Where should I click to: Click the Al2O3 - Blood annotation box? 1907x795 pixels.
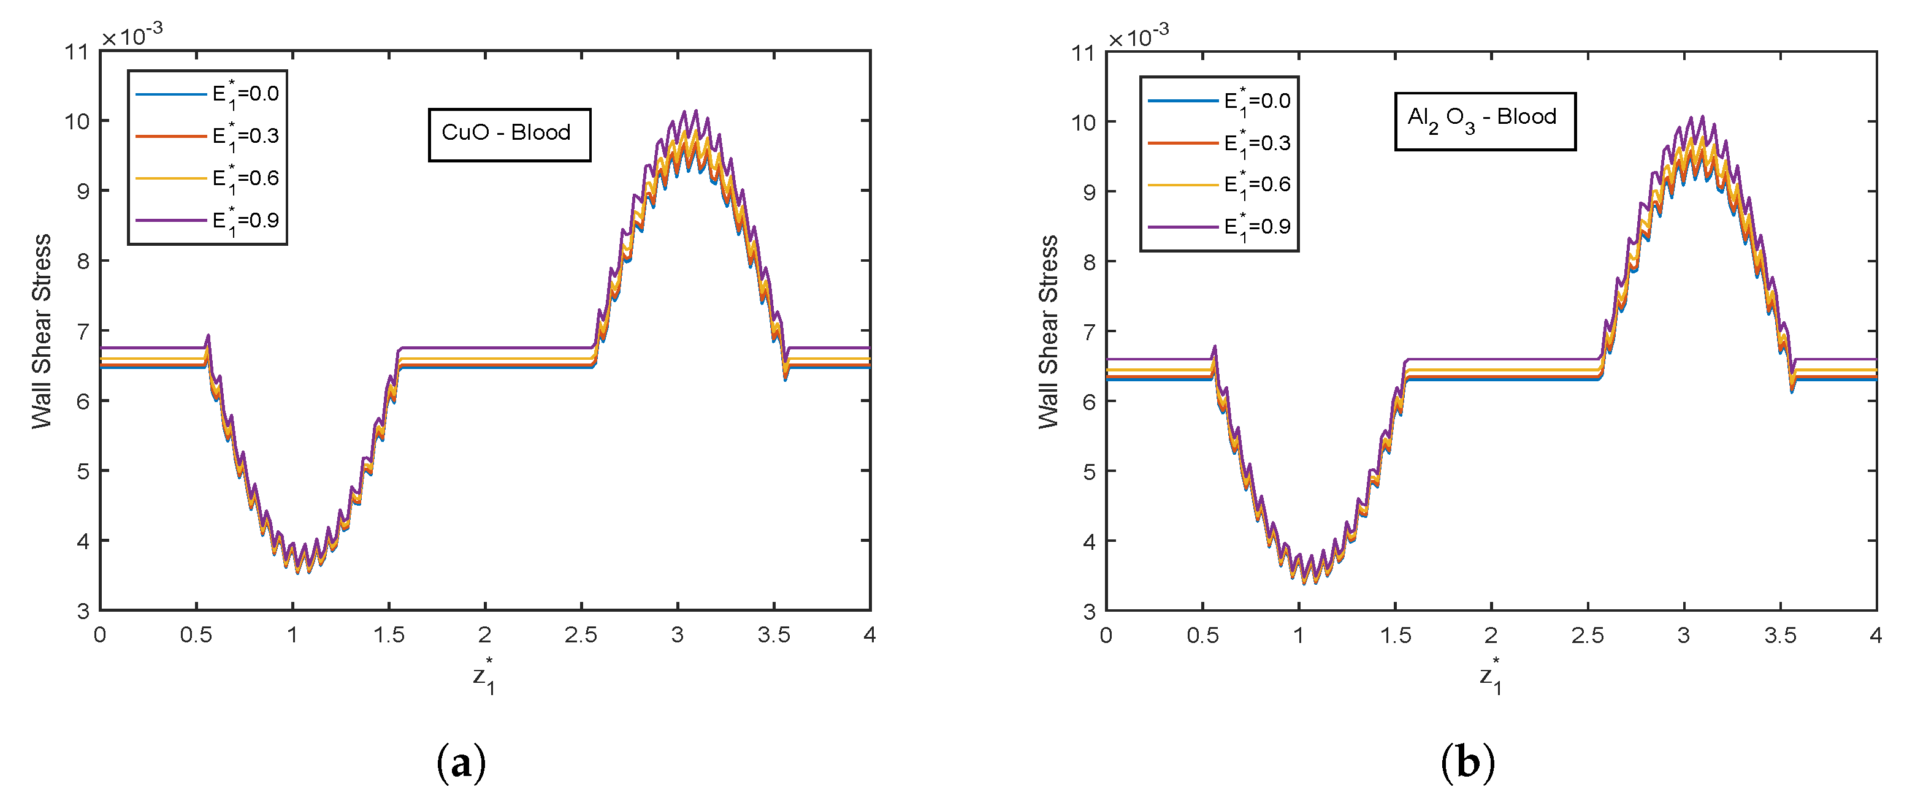(1485, 121)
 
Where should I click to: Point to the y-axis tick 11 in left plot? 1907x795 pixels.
(76, 52)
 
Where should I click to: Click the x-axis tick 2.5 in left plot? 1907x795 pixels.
(581, 635)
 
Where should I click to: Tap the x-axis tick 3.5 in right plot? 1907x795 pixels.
(1779, 635)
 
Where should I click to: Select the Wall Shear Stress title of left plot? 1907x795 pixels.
(42, 331)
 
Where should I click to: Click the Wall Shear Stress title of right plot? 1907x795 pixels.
(1049, 331)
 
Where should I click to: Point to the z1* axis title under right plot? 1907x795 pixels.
(1491, 675)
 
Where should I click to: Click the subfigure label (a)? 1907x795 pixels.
(461, 763)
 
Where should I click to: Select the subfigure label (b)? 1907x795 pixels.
(1468, 763)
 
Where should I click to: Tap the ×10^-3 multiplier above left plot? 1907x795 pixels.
(132, 34)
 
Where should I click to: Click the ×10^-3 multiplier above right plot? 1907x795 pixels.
(1139, 34)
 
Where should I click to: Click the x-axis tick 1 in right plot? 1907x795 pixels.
(1299, 635)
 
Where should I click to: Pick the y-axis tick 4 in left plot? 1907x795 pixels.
(83, 541)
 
